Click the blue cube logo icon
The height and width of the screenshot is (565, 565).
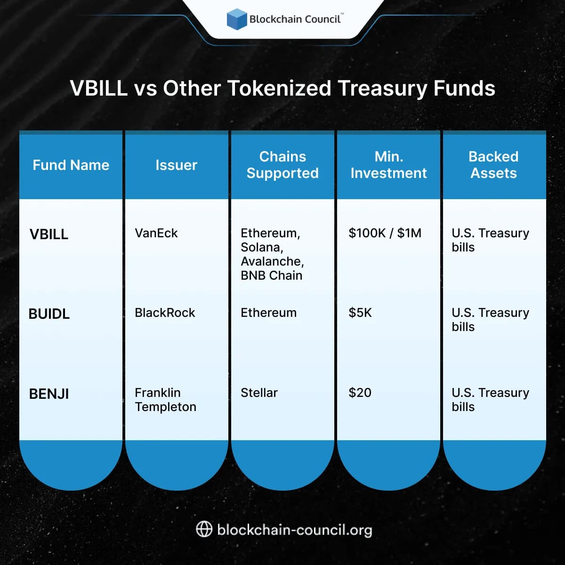[237, 19]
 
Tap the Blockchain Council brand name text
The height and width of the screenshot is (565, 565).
[295, 19]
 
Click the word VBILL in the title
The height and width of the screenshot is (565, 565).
[99, 88]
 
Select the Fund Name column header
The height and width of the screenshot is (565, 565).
[71, 165]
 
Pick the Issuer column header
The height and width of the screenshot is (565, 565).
[176, 165]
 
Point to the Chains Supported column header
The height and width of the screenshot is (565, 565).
[282, 165]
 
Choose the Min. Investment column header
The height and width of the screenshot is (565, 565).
[388, 165]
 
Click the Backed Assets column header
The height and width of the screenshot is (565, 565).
[493, 165]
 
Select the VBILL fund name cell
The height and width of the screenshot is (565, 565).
[49, 234]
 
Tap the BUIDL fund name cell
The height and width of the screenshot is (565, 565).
[49, 314]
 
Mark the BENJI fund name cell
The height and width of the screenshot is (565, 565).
[49, 394]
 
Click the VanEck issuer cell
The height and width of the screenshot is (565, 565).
[156, 233]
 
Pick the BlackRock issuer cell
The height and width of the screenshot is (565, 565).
[165, 313]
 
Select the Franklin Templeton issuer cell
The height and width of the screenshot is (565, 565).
[165, 400]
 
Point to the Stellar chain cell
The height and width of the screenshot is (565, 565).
[259, 393]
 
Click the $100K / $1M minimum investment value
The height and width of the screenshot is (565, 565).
[385, 233]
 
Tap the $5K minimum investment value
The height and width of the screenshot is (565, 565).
[360, 313]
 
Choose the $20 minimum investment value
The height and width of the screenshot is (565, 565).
[360, 393]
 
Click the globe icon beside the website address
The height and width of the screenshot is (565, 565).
[204, 529]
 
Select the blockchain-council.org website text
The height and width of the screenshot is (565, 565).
[295, 530]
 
